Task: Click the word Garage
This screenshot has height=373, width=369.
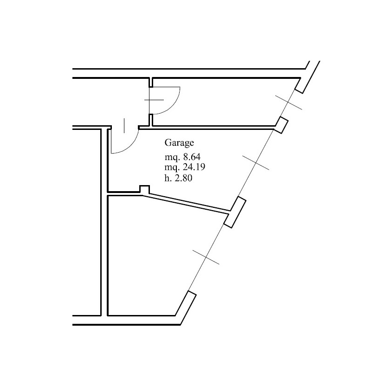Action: [179, 143]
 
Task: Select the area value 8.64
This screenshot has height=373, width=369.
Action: [192, 157]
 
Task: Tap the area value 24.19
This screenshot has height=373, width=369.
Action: [194, 167]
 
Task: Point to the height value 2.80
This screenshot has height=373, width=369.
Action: [183, 178]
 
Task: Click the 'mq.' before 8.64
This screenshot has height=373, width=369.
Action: [172, 157]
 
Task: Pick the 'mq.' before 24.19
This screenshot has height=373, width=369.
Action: [172, 168]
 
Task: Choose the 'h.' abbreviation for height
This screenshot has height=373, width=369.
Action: [168, 178]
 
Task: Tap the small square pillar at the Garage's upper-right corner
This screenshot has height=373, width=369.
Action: [282, 125]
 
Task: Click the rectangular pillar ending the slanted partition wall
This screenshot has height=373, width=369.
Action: [235, 212]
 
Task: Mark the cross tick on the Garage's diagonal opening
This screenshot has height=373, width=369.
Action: [256, 163]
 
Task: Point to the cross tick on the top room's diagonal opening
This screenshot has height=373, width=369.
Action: [289, 103]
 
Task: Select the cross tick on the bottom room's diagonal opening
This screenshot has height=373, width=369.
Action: [206, 257]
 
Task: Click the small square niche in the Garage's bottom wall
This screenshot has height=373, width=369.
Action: [144, 189]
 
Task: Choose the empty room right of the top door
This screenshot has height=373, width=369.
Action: [221, 102]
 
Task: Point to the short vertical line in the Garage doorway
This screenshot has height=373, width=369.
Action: [124, 126]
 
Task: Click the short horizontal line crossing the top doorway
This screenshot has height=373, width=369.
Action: [154, 100]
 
